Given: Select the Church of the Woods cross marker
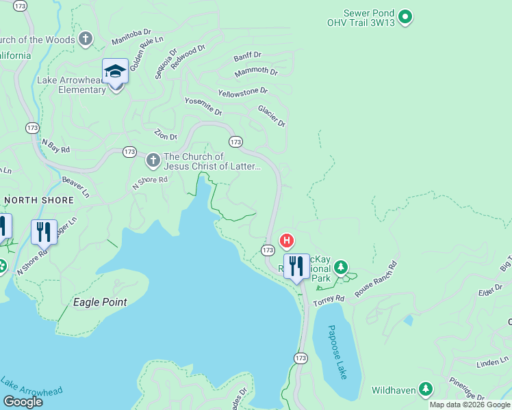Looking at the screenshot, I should click(86, 38).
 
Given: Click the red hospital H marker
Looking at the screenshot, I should click(287, 241).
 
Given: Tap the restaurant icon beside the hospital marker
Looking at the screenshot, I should click(296, 266).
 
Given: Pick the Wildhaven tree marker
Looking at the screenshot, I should click(426, 389).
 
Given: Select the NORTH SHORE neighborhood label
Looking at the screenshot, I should click(38, 200).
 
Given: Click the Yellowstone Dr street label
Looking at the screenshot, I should click(243, 92).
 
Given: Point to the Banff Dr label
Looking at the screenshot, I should click(247, 56).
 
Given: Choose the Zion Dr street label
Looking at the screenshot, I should click(166, 137).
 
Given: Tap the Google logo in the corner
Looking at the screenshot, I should click(23, 401).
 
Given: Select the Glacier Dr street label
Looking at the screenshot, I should click(271, 115).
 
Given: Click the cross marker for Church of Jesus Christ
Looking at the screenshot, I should click(153, 161).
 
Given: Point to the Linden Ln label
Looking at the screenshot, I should click(495, 359).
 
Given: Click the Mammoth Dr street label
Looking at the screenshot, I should click(256, 72).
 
